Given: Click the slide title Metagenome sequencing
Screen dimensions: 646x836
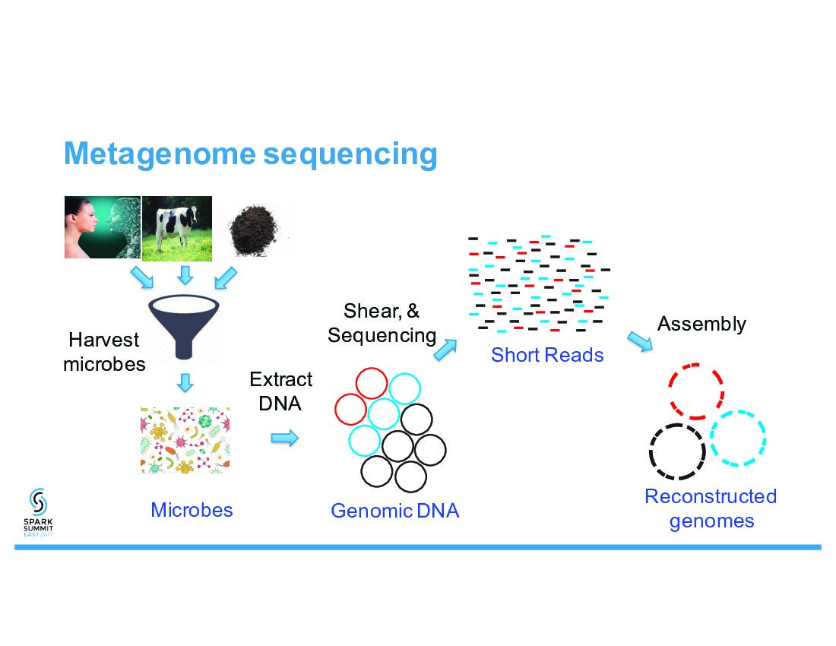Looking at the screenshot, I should (251, 154).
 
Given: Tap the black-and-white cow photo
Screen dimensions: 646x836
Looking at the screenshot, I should (177, 226).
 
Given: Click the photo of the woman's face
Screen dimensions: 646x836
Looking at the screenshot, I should (102, 226).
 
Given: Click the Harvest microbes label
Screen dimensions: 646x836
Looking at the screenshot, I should (104, 351).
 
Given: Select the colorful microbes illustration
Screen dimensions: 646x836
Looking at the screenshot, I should (185, 440).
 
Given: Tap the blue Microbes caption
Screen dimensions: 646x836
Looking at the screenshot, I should (192, 509).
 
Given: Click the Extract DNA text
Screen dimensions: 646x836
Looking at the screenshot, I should (280, 391).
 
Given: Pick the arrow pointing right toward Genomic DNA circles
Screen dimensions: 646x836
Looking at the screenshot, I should (285, 438).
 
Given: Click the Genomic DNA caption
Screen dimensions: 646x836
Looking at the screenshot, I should (394, 511).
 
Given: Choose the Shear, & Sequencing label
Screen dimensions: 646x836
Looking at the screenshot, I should (382, 323).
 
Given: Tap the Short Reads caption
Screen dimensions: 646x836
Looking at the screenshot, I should (547, 354).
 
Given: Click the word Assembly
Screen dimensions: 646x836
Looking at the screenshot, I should (701, 324).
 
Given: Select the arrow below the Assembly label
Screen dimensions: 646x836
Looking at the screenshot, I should (640, 340).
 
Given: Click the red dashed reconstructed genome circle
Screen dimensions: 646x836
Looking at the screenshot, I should (696, 391).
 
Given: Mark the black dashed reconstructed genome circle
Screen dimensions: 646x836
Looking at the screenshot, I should (677, 451).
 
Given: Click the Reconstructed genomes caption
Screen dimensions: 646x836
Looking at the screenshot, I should (711, 508).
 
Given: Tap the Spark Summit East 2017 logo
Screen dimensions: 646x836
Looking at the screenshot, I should (39, 511).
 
